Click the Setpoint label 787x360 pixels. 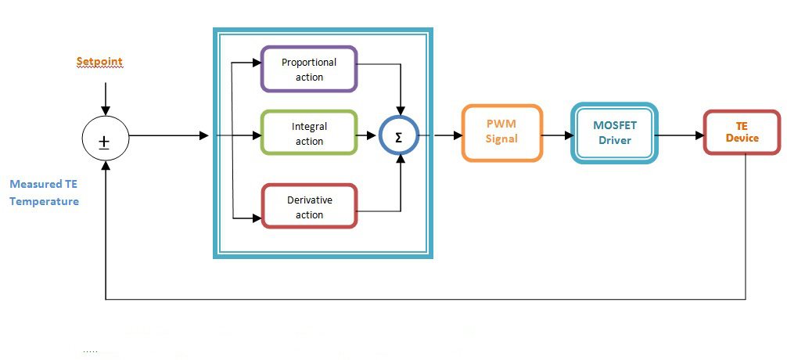coord(99,61)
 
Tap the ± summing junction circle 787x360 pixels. coord(105,142)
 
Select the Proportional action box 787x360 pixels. coord(309,69)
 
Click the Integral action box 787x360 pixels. coord(309,133)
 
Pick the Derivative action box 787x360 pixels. coord(309,207)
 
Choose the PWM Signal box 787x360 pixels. coord(501,132)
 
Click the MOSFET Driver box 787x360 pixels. coord(614,133)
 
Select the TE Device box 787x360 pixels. coord(742,131)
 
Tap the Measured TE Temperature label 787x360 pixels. coord(44,193)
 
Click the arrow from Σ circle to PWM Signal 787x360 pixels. coord(440,135)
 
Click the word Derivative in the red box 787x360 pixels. coord(310,200)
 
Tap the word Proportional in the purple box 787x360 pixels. coord(309,63)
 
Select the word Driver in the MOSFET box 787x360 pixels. coord(615,141)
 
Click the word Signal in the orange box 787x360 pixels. coord(501,139)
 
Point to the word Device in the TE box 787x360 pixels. coord(742,139)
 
